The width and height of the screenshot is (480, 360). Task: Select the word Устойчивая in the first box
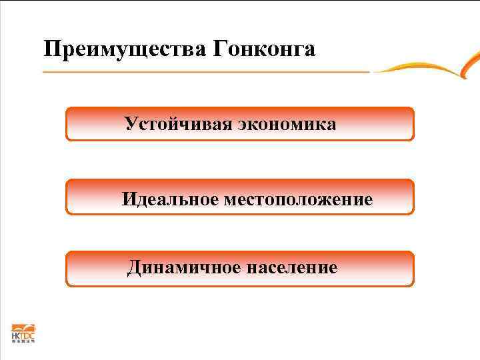click(x=175, y=125)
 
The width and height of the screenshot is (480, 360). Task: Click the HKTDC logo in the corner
click(x=23, y=333)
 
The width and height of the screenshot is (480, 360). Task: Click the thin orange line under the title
click(x=200, y=71)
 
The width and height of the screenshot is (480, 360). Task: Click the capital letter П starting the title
click(x=50, y=49)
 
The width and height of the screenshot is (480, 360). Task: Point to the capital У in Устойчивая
click(x=130, y=125)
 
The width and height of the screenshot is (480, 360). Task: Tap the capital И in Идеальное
click(x=128, y=199)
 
